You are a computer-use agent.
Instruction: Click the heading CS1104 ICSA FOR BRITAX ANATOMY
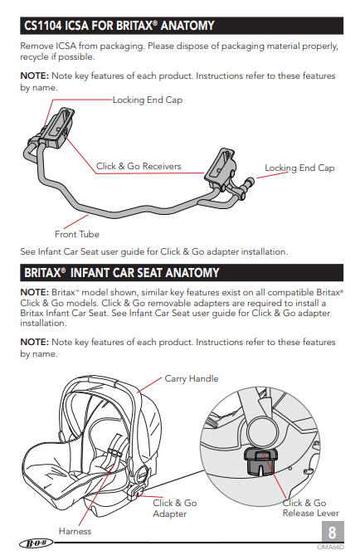click(x=119, y=25)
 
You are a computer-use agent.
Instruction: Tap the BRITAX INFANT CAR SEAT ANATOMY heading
click(x=121, y=272)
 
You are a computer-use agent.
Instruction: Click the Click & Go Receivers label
click(x=138, y=167)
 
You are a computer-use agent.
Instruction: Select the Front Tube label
click(x=77, y=234)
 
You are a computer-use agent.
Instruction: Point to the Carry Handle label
click(x=192, y=379)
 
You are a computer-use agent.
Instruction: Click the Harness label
click(x=75, y=531)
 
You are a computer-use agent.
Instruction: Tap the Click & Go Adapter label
click(x=174, y=509)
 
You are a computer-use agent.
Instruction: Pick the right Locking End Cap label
click(x=299, y=168)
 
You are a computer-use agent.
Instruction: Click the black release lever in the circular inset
click(x=264, y=457)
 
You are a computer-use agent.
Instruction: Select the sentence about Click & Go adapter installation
click(x=153, y=251)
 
